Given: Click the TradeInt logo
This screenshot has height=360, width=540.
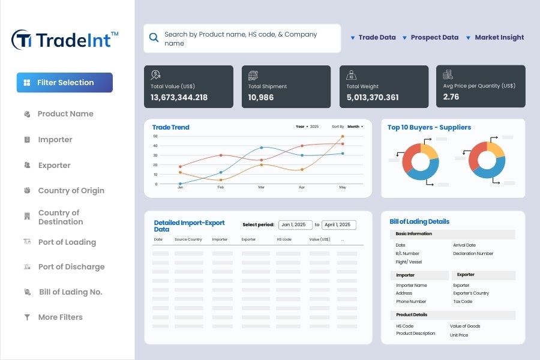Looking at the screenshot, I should tap(65, 40).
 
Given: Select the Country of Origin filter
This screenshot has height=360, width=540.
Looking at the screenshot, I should tap(71, 191).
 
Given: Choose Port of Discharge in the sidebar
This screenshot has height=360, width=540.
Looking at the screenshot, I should tap(71, 267).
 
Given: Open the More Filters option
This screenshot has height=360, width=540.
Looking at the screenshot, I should tap(60, 317).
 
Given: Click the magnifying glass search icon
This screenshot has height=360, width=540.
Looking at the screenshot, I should tap(154, 37).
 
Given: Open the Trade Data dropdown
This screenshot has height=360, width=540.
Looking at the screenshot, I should tap(373, 37).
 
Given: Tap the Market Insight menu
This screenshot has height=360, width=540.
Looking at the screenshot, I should tap(495, 37).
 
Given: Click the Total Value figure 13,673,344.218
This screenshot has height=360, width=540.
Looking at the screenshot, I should tap(179, 97).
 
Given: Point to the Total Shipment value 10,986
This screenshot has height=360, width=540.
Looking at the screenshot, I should tap(260, 97).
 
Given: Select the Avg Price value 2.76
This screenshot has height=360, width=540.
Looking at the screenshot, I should tap(451, 97).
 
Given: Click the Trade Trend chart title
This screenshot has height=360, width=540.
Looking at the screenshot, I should tap(170, 127).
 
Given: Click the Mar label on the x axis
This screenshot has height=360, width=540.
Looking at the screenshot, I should tap(261, 188).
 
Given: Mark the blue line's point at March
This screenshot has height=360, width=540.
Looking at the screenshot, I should tap(261, 148).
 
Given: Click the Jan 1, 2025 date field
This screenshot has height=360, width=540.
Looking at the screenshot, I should tap(293, 225).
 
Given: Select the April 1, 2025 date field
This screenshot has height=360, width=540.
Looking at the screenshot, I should tap(338, 225).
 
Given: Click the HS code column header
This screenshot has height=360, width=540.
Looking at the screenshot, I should tap(284, 239).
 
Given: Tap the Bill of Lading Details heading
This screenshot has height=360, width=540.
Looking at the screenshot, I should tap(419, 221).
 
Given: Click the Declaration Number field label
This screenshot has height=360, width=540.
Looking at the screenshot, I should tap(473, 254).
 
